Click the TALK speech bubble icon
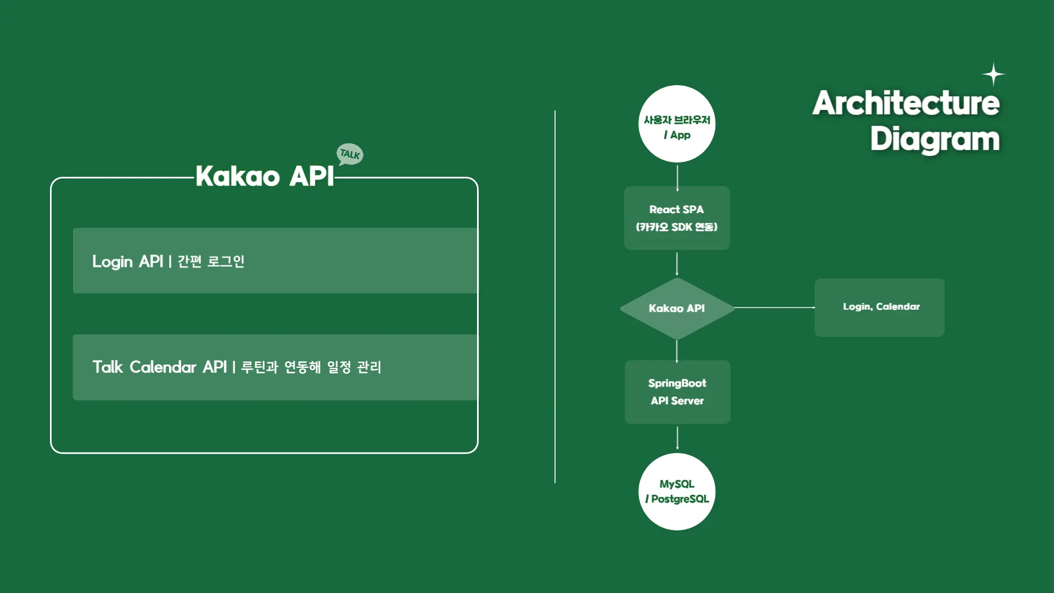tap(350, 154)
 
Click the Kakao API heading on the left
tap(265, 176)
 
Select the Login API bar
tap(274, 261)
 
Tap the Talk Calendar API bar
tap(274, 367)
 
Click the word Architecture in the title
tap(906, 103)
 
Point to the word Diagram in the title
tap(934, 139)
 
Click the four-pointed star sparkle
tap(993, 75)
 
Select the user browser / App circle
tap(677, 124)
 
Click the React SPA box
tap(677, 218)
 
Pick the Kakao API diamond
tap(677, 308)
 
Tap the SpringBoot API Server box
tap(677, 392)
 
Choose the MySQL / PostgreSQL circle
tap(677, 491)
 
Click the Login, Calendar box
tap(879, 307)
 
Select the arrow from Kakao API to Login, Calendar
tap(774, 307)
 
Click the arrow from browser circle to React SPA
tap(677, 177)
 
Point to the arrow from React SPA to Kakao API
tap(677, 264)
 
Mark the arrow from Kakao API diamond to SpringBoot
tap(677, 351)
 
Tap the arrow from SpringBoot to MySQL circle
tap(677, 438)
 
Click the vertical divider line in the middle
tap(555, 296)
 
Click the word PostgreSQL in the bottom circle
tap(680, 499)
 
